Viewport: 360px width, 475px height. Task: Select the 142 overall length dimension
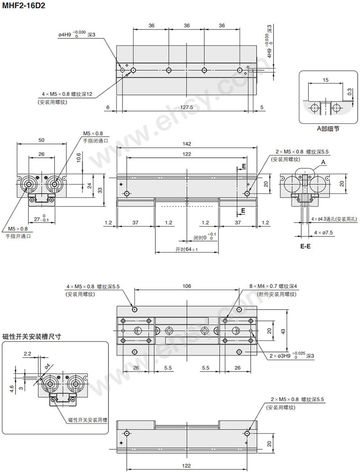[187, 143]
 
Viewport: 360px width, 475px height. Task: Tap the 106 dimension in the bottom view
[186, 286]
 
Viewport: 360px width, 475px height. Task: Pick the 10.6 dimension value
[78, 157]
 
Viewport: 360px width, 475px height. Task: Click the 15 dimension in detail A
[325, 80]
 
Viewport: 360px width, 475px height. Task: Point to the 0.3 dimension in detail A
[350, 92]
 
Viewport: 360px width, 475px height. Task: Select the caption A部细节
[328, 129]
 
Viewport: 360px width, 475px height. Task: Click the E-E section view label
[305, 246]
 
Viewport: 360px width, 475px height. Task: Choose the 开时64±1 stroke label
[187, 249]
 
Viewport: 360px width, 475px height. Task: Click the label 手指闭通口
[95, 141]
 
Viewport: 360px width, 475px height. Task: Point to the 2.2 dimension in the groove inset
[27, 353]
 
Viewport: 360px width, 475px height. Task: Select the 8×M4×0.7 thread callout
[273, 286]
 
